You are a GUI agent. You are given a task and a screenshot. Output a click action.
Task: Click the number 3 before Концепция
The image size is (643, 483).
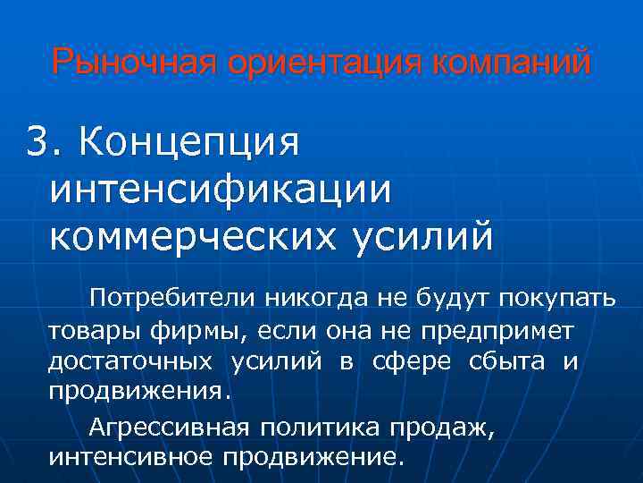click(x=38, y=140)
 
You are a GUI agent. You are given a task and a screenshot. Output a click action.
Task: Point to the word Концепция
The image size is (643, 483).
click(x=189, y=140)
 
